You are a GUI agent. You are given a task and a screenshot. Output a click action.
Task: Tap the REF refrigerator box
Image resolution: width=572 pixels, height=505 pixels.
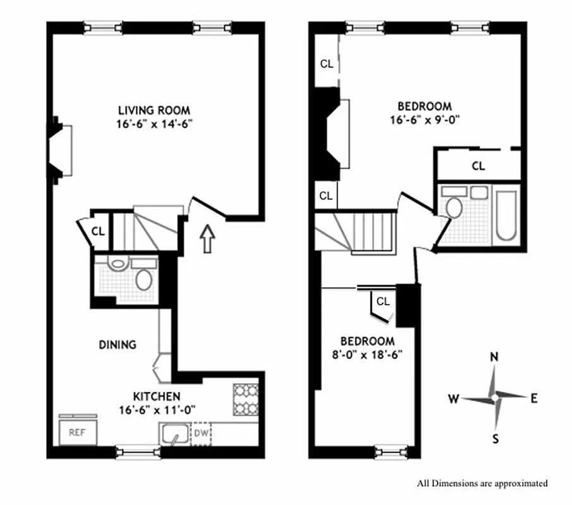[x=77, y=432]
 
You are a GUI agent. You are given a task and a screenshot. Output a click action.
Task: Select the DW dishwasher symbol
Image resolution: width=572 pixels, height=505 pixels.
[x=201, y=433]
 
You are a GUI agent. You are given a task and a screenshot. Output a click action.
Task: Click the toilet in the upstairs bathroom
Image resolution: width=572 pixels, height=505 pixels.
[x=453, y=208]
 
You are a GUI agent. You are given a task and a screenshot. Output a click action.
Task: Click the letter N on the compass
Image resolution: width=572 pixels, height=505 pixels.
[x=495, y=357]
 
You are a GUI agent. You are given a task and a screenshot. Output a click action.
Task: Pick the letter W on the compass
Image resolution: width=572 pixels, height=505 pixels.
[x=453, y=398]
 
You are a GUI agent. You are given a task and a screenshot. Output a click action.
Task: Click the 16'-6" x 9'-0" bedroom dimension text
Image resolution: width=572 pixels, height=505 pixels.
[x=424, y=119]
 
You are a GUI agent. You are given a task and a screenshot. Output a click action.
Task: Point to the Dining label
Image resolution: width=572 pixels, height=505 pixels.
[x=117, y=345]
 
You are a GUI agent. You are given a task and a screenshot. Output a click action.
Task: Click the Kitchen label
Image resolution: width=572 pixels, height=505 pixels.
[x=156, y=396]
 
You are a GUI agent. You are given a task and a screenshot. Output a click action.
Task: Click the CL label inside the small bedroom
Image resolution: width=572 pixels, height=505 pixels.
[x=383, y=302]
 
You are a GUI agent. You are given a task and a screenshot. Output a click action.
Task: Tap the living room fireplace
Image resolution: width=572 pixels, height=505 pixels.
[x=60, y=150]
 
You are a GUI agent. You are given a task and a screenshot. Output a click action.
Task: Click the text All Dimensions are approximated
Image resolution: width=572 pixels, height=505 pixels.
[x=482, y=484]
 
